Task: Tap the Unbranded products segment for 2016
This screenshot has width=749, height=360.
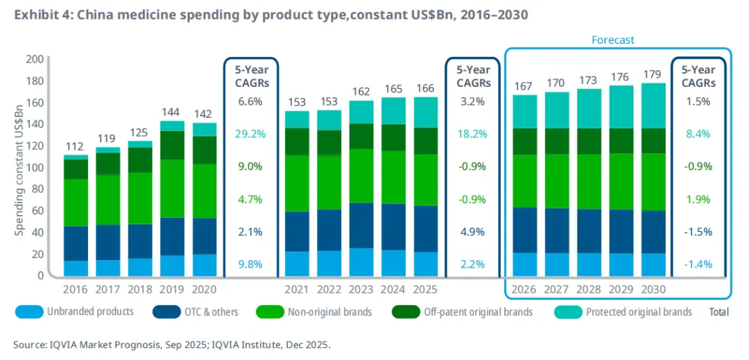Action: (76, 268)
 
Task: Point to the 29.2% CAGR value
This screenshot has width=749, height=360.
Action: (249, 134)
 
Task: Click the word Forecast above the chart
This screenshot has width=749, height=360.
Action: (612, 40)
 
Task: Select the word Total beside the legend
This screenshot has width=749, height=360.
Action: (718, 313)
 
